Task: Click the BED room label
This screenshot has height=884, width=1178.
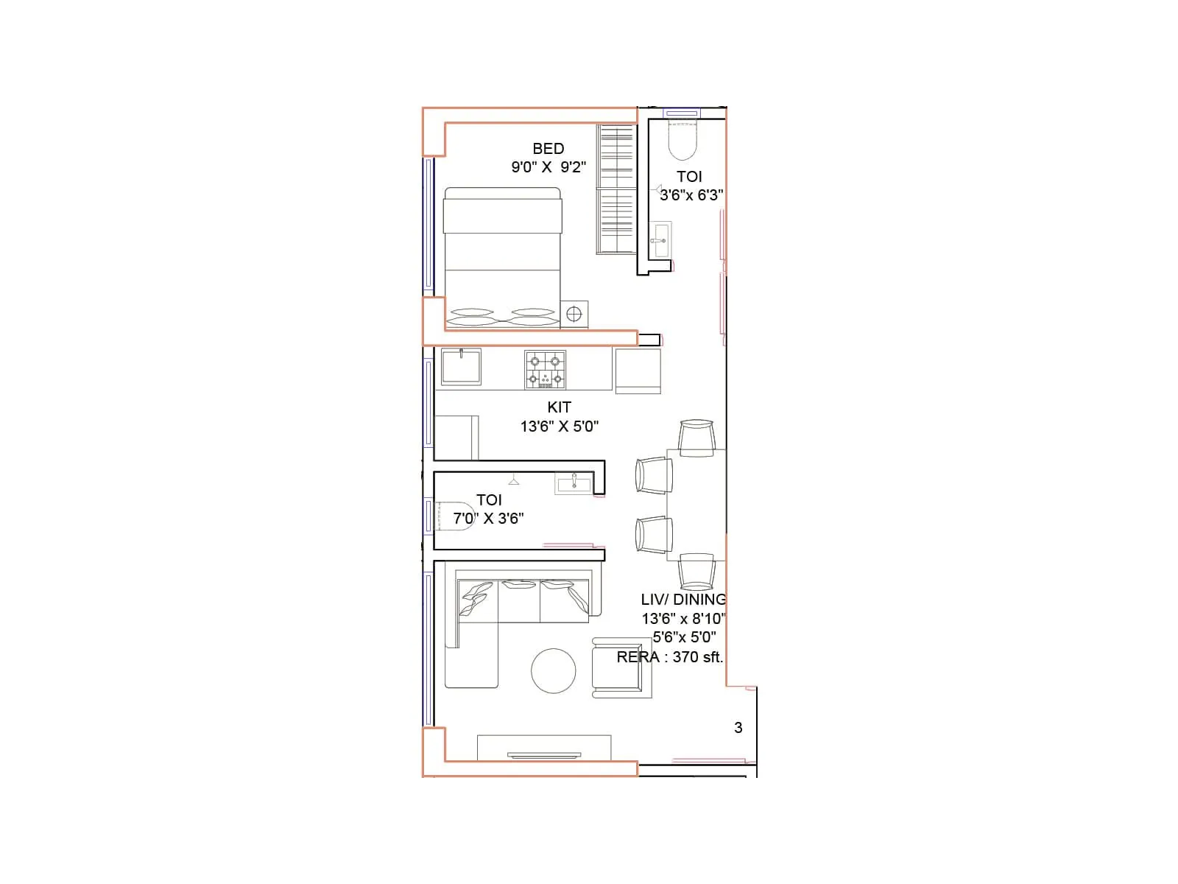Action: pyautogui.click(x=548, y=149)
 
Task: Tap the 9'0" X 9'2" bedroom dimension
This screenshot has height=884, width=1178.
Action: pyautogui.click(x=549, y=167)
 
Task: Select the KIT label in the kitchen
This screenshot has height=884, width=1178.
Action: pyautogui.click(x=559, y=407)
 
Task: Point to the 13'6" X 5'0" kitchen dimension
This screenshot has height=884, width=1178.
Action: pyautogui.click(x=559, y=426)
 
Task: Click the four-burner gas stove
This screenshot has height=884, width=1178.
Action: pyautogui.click(x=545, y=370)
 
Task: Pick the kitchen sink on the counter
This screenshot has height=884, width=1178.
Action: pyautogui.click(x=461, y=367)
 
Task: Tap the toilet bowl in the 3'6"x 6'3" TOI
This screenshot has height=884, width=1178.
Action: pyautogui.click(x=682, y=141)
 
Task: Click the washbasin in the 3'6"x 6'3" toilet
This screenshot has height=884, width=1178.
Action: pyautogui.click(x=660, y=239)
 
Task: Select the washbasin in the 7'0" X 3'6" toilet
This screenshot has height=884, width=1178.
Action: pyautogui.click(x=573, y=484)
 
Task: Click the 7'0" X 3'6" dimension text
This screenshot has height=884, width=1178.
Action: pyautogui.click(x=488, y=519)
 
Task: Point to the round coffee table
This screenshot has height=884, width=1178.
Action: pyautogui.click(x=554, y=671)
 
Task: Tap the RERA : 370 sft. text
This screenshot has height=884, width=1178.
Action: pyautogui.click(x=669, y=657)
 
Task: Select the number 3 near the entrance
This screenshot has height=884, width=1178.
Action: pyautogui.click(x=738, y=728)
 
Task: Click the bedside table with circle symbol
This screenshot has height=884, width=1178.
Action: pyautogui.click(x=574, y=315)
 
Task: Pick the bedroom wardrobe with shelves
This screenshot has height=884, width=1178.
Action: pyautogui.click(x=616, y=189)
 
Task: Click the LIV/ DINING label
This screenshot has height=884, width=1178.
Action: pyautogui.click(x=683, y=600)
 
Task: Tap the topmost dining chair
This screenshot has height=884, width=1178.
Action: pyautogui.click(x=696, y=437)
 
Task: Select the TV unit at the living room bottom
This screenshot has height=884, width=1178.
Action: pyautogui.click(x=543, y=748)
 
